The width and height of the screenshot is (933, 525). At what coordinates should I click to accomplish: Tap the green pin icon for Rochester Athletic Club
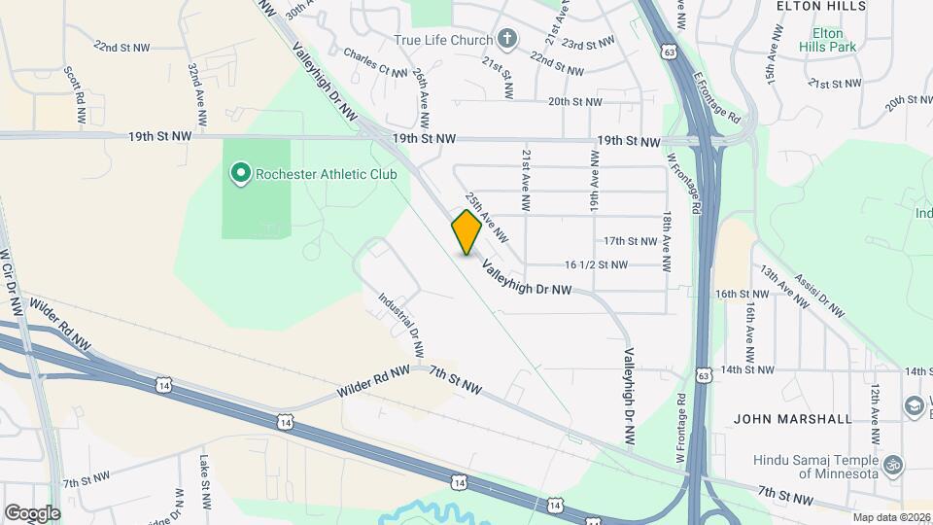tap(240, 174)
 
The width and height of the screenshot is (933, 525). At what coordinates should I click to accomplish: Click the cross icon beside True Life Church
tap(505, 40)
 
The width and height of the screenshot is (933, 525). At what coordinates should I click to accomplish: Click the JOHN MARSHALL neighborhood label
tap(793, 419)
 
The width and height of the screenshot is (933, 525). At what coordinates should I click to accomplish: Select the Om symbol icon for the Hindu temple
tap(894, 464)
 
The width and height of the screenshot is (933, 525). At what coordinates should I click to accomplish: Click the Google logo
tap(32, 512)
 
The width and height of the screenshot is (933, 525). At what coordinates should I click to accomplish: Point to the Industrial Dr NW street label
tap(401, 327)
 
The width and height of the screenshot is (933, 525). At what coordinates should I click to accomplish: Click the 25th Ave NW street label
tap(487, 216)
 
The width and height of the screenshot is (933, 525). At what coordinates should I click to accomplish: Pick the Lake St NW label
tap(205, 483)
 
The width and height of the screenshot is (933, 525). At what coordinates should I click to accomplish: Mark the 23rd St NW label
tap(588, 44)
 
